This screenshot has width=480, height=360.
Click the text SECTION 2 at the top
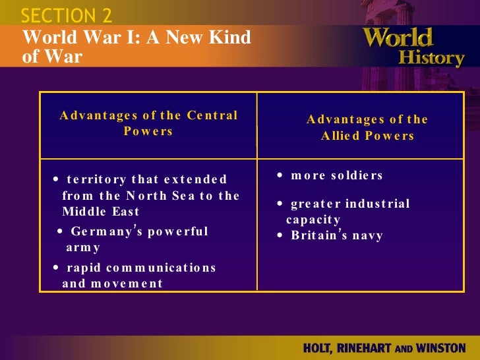tap(67, 15)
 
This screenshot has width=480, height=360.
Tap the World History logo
tap(413, 46)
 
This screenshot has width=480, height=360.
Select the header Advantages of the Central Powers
tap(148, 123)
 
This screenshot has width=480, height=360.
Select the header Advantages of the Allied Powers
tap(367, 127)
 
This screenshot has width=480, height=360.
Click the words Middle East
tap(101, 212)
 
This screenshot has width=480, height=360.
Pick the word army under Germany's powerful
tap(83, 248)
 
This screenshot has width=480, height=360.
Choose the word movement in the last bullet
tap(129, 284)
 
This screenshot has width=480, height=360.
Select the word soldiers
tap(356, 175)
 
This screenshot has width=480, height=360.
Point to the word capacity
tap(313, 220)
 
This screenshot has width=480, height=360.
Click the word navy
tap(369, 235)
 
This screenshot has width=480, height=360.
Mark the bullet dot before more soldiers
tap(280, 176)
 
